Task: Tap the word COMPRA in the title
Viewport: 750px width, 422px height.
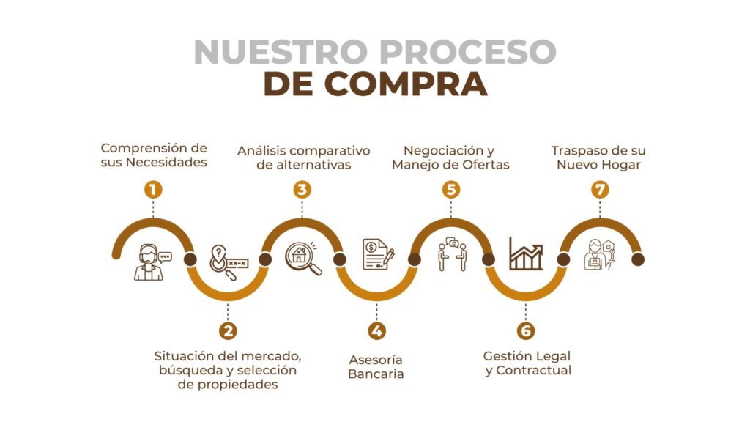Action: (x=406, y=84)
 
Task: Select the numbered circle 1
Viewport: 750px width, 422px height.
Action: (x=153, y=190)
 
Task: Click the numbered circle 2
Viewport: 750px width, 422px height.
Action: (x=228, y=330)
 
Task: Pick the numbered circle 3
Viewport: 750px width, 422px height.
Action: (x=302, y=190)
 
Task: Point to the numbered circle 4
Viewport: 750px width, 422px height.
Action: (x=376, y=330)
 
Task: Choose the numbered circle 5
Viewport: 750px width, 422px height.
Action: (x=450, y=190)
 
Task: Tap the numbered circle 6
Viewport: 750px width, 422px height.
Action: (x=526, y=330)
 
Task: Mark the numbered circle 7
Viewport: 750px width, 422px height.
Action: (x=600, y=190)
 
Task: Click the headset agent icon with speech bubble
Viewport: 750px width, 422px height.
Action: (x=152, y=262)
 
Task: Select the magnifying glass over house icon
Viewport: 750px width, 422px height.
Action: (x=303, y=259)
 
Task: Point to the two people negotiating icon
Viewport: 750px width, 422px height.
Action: (x=452, y=254)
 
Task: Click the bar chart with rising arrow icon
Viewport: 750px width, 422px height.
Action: (x=526, y=253)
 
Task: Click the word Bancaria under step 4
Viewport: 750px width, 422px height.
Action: (x=376, y=374)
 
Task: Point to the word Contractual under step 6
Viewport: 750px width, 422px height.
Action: (x=534, y=370)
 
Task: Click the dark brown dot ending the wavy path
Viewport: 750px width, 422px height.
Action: (x=638, y=259)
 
